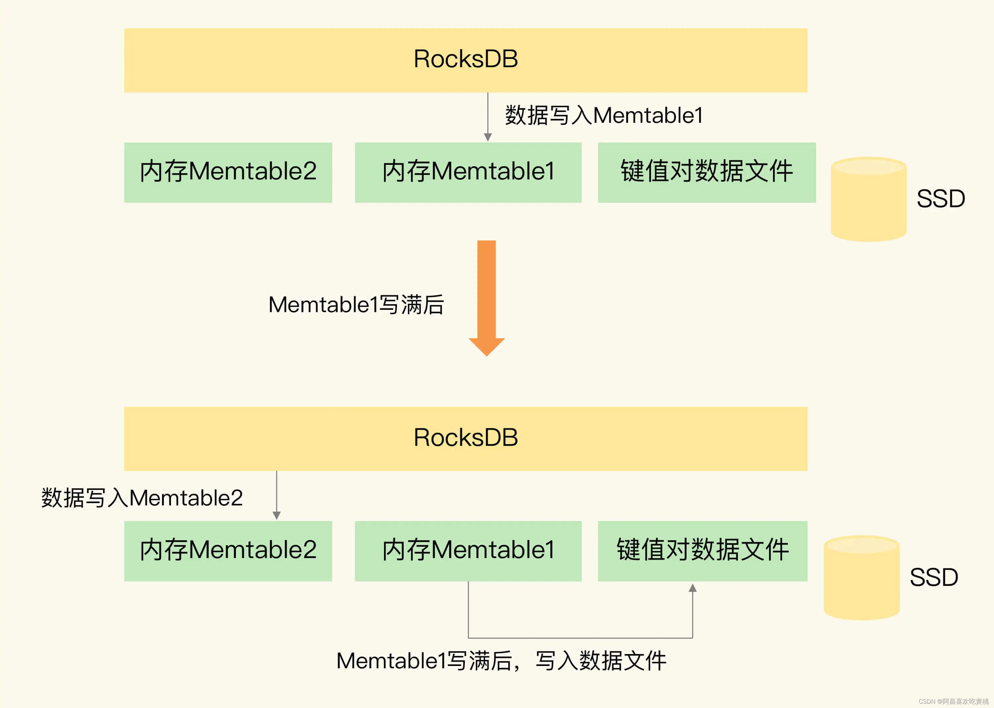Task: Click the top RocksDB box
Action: (x=465, y=60)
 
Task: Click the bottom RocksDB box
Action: (x=465, y=439)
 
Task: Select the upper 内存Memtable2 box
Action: (x=228, y=172)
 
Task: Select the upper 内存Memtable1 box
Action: (x=468, y=172)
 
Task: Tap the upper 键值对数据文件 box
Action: (x=706, y=172)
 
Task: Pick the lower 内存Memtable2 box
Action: (x=228, y=551)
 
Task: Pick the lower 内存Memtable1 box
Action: (x=468, y=551)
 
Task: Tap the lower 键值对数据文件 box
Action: (x=702, y=551)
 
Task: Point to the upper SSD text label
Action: (x=940, y=199)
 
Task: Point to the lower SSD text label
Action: (x=933, y=577)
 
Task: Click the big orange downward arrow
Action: (x=486, y=297)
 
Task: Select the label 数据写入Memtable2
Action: (x=142, y=498)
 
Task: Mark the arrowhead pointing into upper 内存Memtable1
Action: (x=488, y=137)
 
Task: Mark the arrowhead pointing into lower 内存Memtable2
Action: (x=276, y=516)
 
